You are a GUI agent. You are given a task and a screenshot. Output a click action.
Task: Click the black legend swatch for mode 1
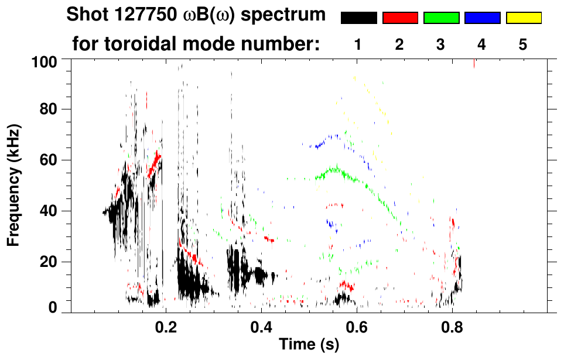(358, 18)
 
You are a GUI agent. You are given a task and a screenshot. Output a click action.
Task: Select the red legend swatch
(400, 18)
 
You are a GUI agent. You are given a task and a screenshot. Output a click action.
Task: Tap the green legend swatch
(441, 18)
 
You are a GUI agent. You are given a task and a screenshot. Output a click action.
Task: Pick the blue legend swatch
(482, 18)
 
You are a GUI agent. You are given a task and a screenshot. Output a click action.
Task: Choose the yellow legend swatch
(523, 18)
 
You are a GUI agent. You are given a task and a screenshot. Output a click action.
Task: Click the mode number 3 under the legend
(440, 44)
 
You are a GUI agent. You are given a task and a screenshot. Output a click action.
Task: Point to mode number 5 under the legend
(522, 44)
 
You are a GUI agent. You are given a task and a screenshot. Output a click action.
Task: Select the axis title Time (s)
(309, 345)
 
